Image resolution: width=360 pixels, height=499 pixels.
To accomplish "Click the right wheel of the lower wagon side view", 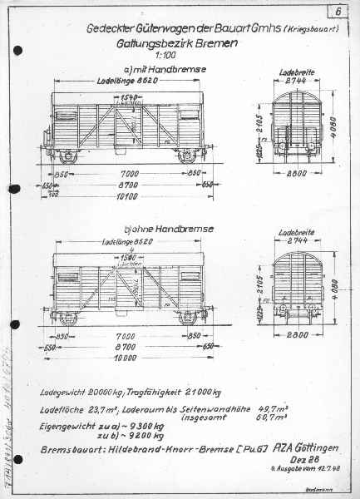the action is click(189, 316).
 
